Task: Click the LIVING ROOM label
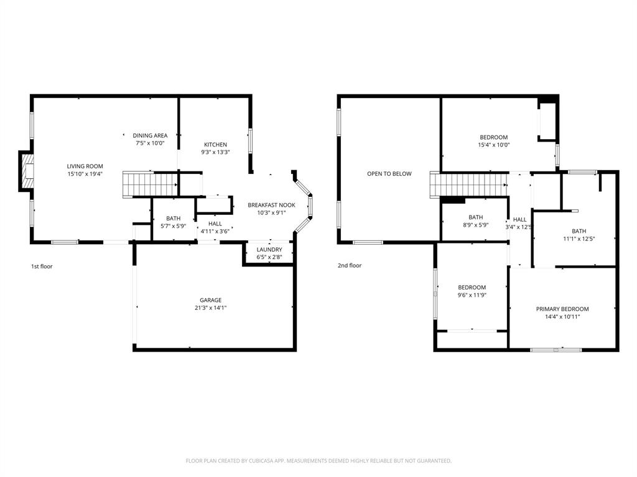(85, 166)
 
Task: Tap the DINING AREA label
(150, 135)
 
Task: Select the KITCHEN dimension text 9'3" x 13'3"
(215, 152)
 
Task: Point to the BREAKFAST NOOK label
(271, 205)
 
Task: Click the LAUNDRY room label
(269, 250)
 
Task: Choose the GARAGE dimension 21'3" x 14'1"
(210, 308)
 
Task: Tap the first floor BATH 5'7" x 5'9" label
(173, 219)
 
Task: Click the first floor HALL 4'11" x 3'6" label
(215, 224)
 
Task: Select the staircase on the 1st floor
(137, 184)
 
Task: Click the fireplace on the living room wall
(26, 171)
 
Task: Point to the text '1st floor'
(42, 266)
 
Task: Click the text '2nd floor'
(350, 266)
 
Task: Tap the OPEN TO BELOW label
(389, 174)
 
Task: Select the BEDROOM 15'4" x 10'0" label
(493, 137)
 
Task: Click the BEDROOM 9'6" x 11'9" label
(472, 287)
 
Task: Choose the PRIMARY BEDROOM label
(562, 309)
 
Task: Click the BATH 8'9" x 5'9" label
(475, 217)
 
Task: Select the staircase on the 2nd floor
(467, 184)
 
